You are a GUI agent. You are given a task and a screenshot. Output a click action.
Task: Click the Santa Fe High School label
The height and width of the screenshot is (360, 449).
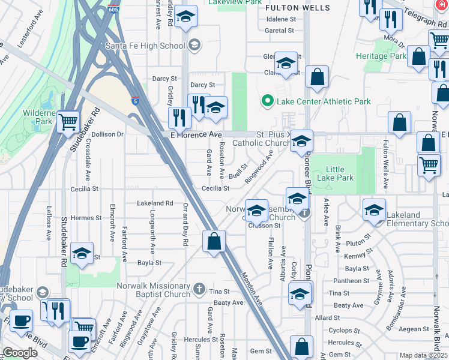pyautogui.click(x=145, y=45)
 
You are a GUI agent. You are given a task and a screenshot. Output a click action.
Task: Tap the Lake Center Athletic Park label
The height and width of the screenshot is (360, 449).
pyautogui.click(x=324, y=101)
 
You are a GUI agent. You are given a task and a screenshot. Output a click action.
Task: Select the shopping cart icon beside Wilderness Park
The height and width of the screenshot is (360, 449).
pyautogui.click(x=68, y=122)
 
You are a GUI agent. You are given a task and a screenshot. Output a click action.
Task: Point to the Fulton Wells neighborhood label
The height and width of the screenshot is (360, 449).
pyautogui.click(x=298, y=8)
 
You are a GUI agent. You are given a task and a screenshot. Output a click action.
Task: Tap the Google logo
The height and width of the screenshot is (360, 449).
pyautogui.click(x=20, y=353)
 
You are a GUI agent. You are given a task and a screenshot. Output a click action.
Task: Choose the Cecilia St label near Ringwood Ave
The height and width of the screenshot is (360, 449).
pyautogui.click(x=215, y=188)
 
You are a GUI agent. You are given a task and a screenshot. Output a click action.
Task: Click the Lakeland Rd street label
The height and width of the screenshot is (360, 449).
pyautogui.click(x=155, y=203)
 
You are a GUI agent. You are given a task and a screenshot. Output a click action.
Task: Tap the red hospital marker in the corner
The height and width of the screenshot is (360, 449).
pyautogui.click(x=443, y=4)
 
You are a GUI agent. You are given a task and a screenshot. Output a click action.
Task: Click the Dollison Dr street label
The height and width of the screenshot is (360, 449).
pyautogui.click(x=107, y=134)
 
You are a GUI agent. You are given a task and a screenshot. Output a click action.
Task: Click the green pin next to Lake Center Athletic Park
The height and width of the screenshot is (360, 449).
pyautogui.click(x=268, y=101)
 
